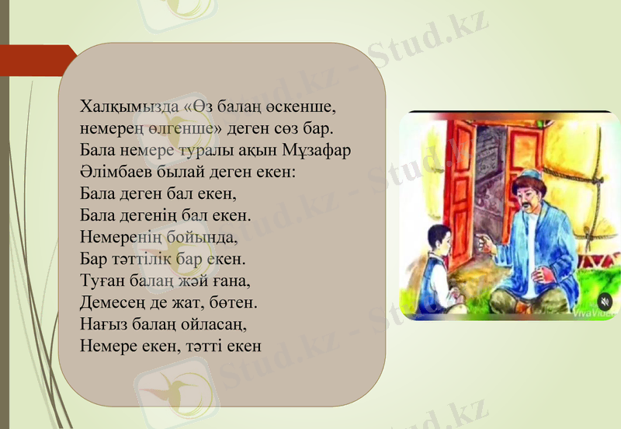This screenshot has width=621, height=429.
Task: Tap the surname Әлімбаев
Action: (116, 169)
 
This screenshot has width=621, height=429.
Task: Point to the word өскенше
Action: (301, 106)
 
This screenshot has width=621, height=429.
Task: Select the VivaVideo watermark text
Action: (592, 313)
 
